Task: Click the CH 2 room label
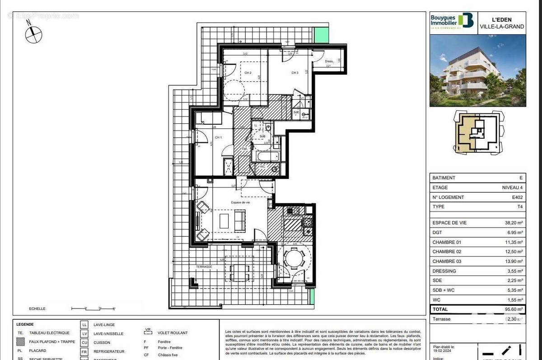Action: pyautogui.click(x=248, y=73)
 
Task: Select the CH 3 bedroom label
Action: pyautogui.click(x=294, y=73)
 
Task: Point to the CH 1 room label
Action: pyautogui.click(x=218, y=137)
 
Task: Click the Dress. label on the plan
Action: pyautogui.click(x=329, y=61)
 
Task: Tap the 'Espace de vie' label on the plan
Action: pyautogui.click(x=241, y=203)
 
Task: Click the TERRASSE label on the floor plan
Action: pyautogui.click(x=204, y=267)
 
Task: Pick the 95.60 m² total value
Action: pyautogui.click(x=513, y=309)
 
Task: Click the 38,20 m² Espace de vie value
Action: pyautogui.click(x=514, y=223)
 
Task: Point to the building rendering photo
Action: pyautogui.click(x=477, y=70)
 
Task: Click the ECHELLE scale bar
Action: pyautogui.click(x=92, y=309)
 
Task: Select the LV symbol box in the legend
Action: pyautogui.click(x=84, y=333)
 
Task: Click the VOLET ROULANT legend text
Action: pyautogui.click(x=173, y=333)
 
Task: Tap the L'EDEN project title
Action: pyautogui.click(x=501, y=20)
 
